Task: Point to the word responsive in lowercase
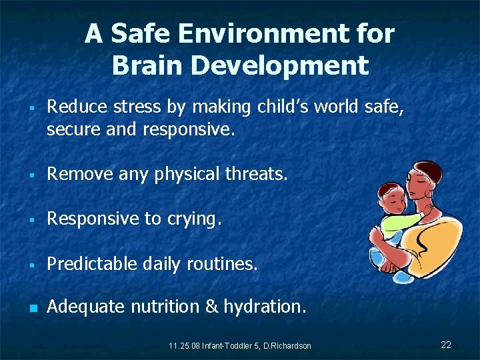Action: click(188, 129)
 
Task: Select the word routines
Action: click(224, 264)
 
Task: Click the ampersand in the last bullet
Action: click(211, 307)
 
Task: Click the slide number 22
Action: click(446, 345)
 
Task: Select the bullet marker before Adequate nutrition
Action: click(31, 308)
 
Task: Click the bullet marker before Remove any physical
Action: click(31, 176)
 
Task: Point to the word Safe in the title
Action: click(141, 33)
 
